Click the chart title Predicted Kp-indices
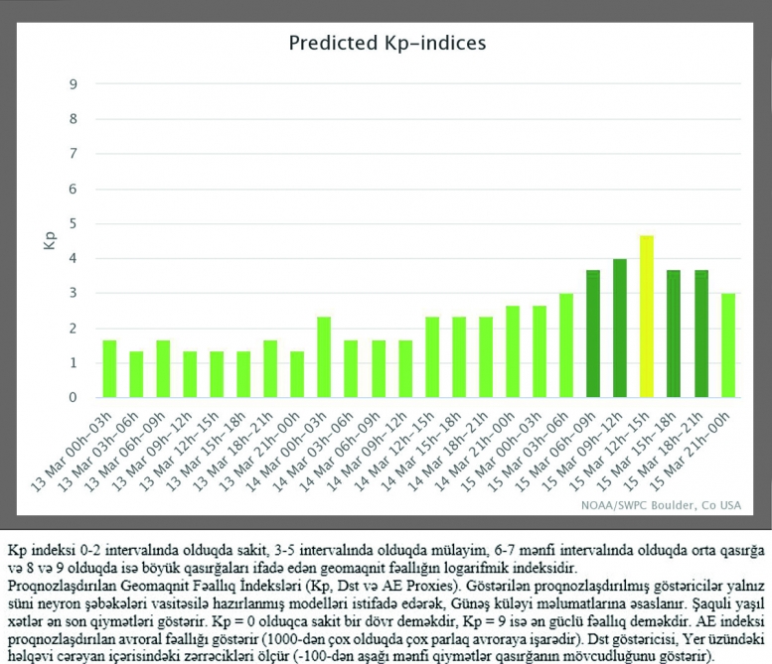pyautogui.click(x=386, y=43)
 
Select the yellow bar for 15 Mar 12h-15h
pyautogui.click(x=646, y=317)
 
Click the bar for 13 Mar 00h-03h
pyautogui.click(x=109, y=369)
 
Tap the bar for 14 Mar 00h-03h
pyautogui.click(x=324, y=357)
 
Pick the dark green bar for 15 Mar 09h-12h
pyautogui.click(x=619, y=329)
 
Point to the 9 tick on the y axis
pyautogui.click(x=74, y=84)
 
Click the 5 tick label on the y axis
pyautogui.click(x=74, y=223)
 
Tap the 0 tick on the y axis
pyautogui.click(x=74, y=398)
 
